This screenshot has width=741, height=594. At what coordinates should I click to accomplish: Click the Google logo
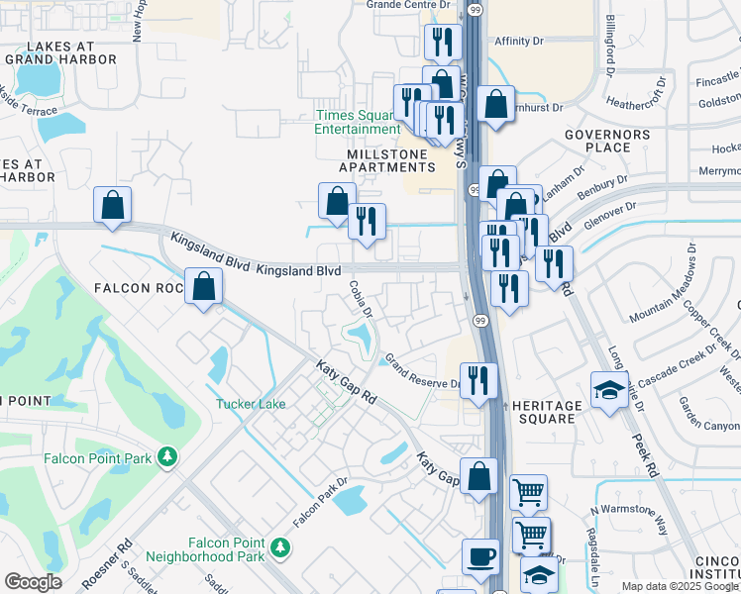pos(33,582)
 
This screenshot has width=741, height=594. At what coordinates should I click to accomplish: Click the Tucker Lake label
pos(252,404)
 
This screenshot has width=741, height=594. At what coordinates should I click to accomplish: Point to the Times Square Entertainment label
pos(358,122)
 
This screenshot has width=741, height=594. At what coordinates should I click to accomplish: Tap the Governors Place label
pos(607,141)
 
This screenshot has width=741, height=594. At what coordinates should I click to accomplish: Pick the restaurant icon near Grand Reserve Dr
pos(478,379)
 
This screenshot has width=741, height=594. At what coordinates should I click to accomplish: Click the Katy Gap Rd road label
pos(347,382)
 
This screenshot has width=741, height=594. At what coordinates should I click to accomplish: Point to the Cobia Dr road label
pos(361,299)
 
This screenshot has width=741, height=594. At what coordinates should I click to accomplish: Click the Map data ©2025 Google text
pos(677,586)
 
